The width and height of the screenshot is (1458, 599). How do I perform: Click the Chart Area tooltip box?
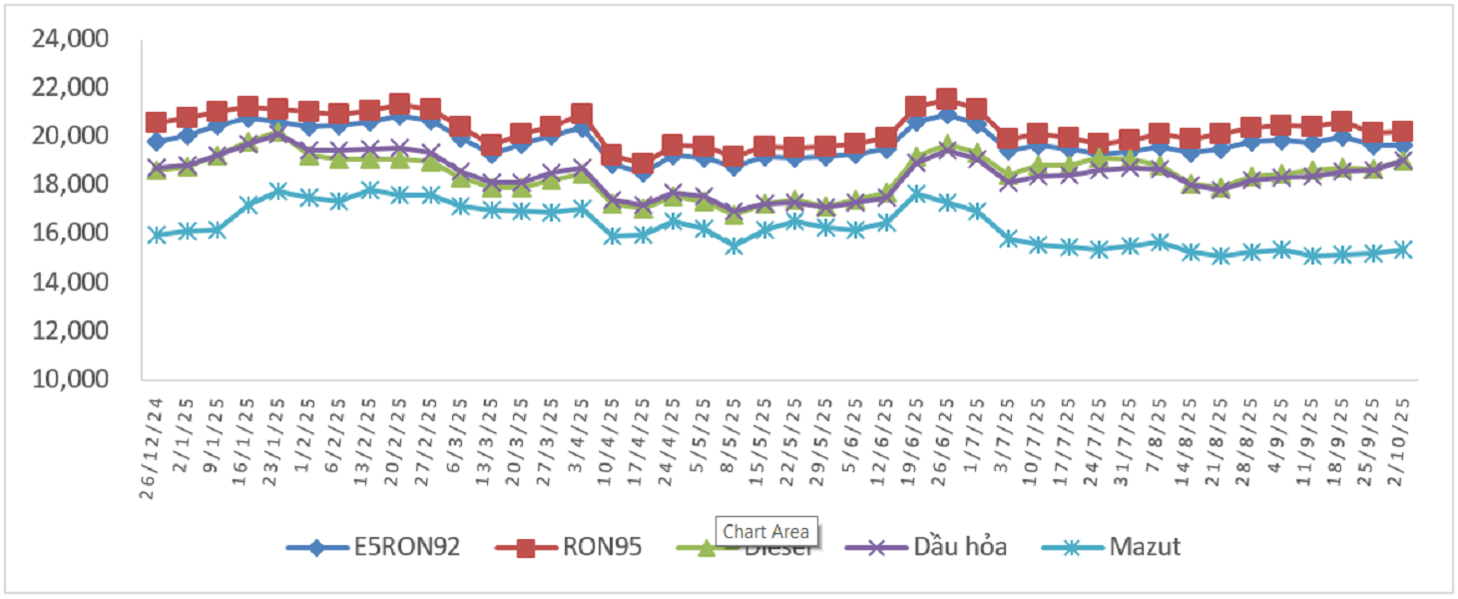pos(767,532)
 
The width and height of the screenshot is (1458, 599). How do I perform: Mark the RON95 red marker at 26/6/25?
pos(947,99)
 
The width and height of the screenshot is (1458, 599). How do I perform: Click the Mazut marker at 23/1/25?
pos(278,191)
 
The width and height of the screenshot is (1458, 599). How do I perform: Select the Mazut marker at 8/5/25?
pos(734,245)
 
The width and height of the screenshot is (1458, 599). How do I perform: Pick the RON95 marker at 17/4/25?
pos(643,165)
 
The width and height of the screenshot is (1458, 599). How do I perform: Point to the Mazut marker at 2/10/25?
pos(1402,250)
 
